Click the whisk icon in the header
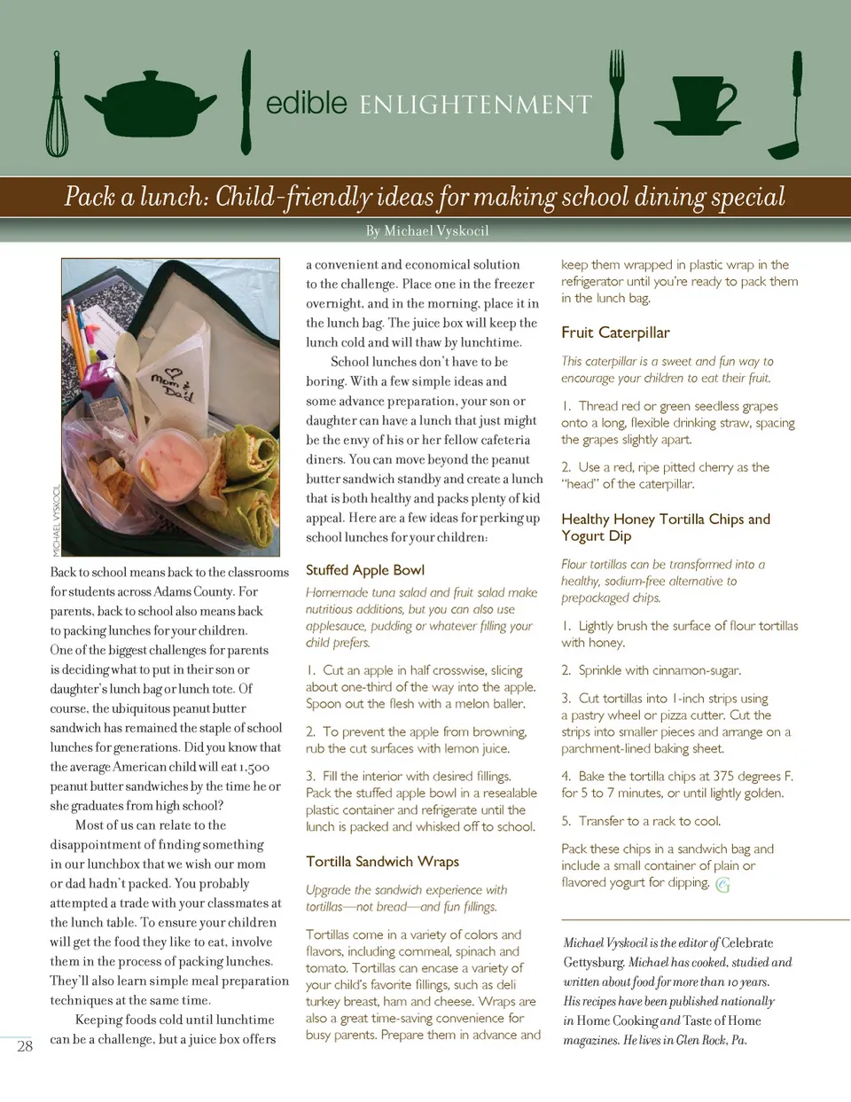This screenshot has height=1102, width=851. (x=57, y=104)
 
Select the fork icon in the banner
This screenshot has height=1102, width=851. (x=617, y=104)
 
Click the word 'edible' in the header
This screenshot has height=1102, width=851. (x=306, y=103)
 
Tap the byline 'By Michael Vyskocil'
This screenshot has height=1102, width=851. (x=426, y=231)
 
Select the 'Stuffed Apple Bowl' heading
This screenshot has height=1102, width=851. (x=364, y=570)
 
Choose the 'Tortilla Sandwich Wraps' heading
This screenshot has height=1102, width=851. (x=382, y=862)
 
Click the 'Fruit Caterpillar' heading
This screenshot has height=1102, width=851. (x=614, y=332)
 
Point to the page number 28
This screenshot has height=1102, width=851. (x=25, y=1046)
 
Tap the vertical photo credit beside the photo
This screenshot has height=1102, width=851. (x=56, y=521)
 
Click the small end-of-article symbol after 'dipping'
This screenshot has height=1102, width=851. (x=722, y=884)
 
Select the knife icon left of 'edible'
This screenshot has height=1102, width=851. (x=246, y=104)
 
